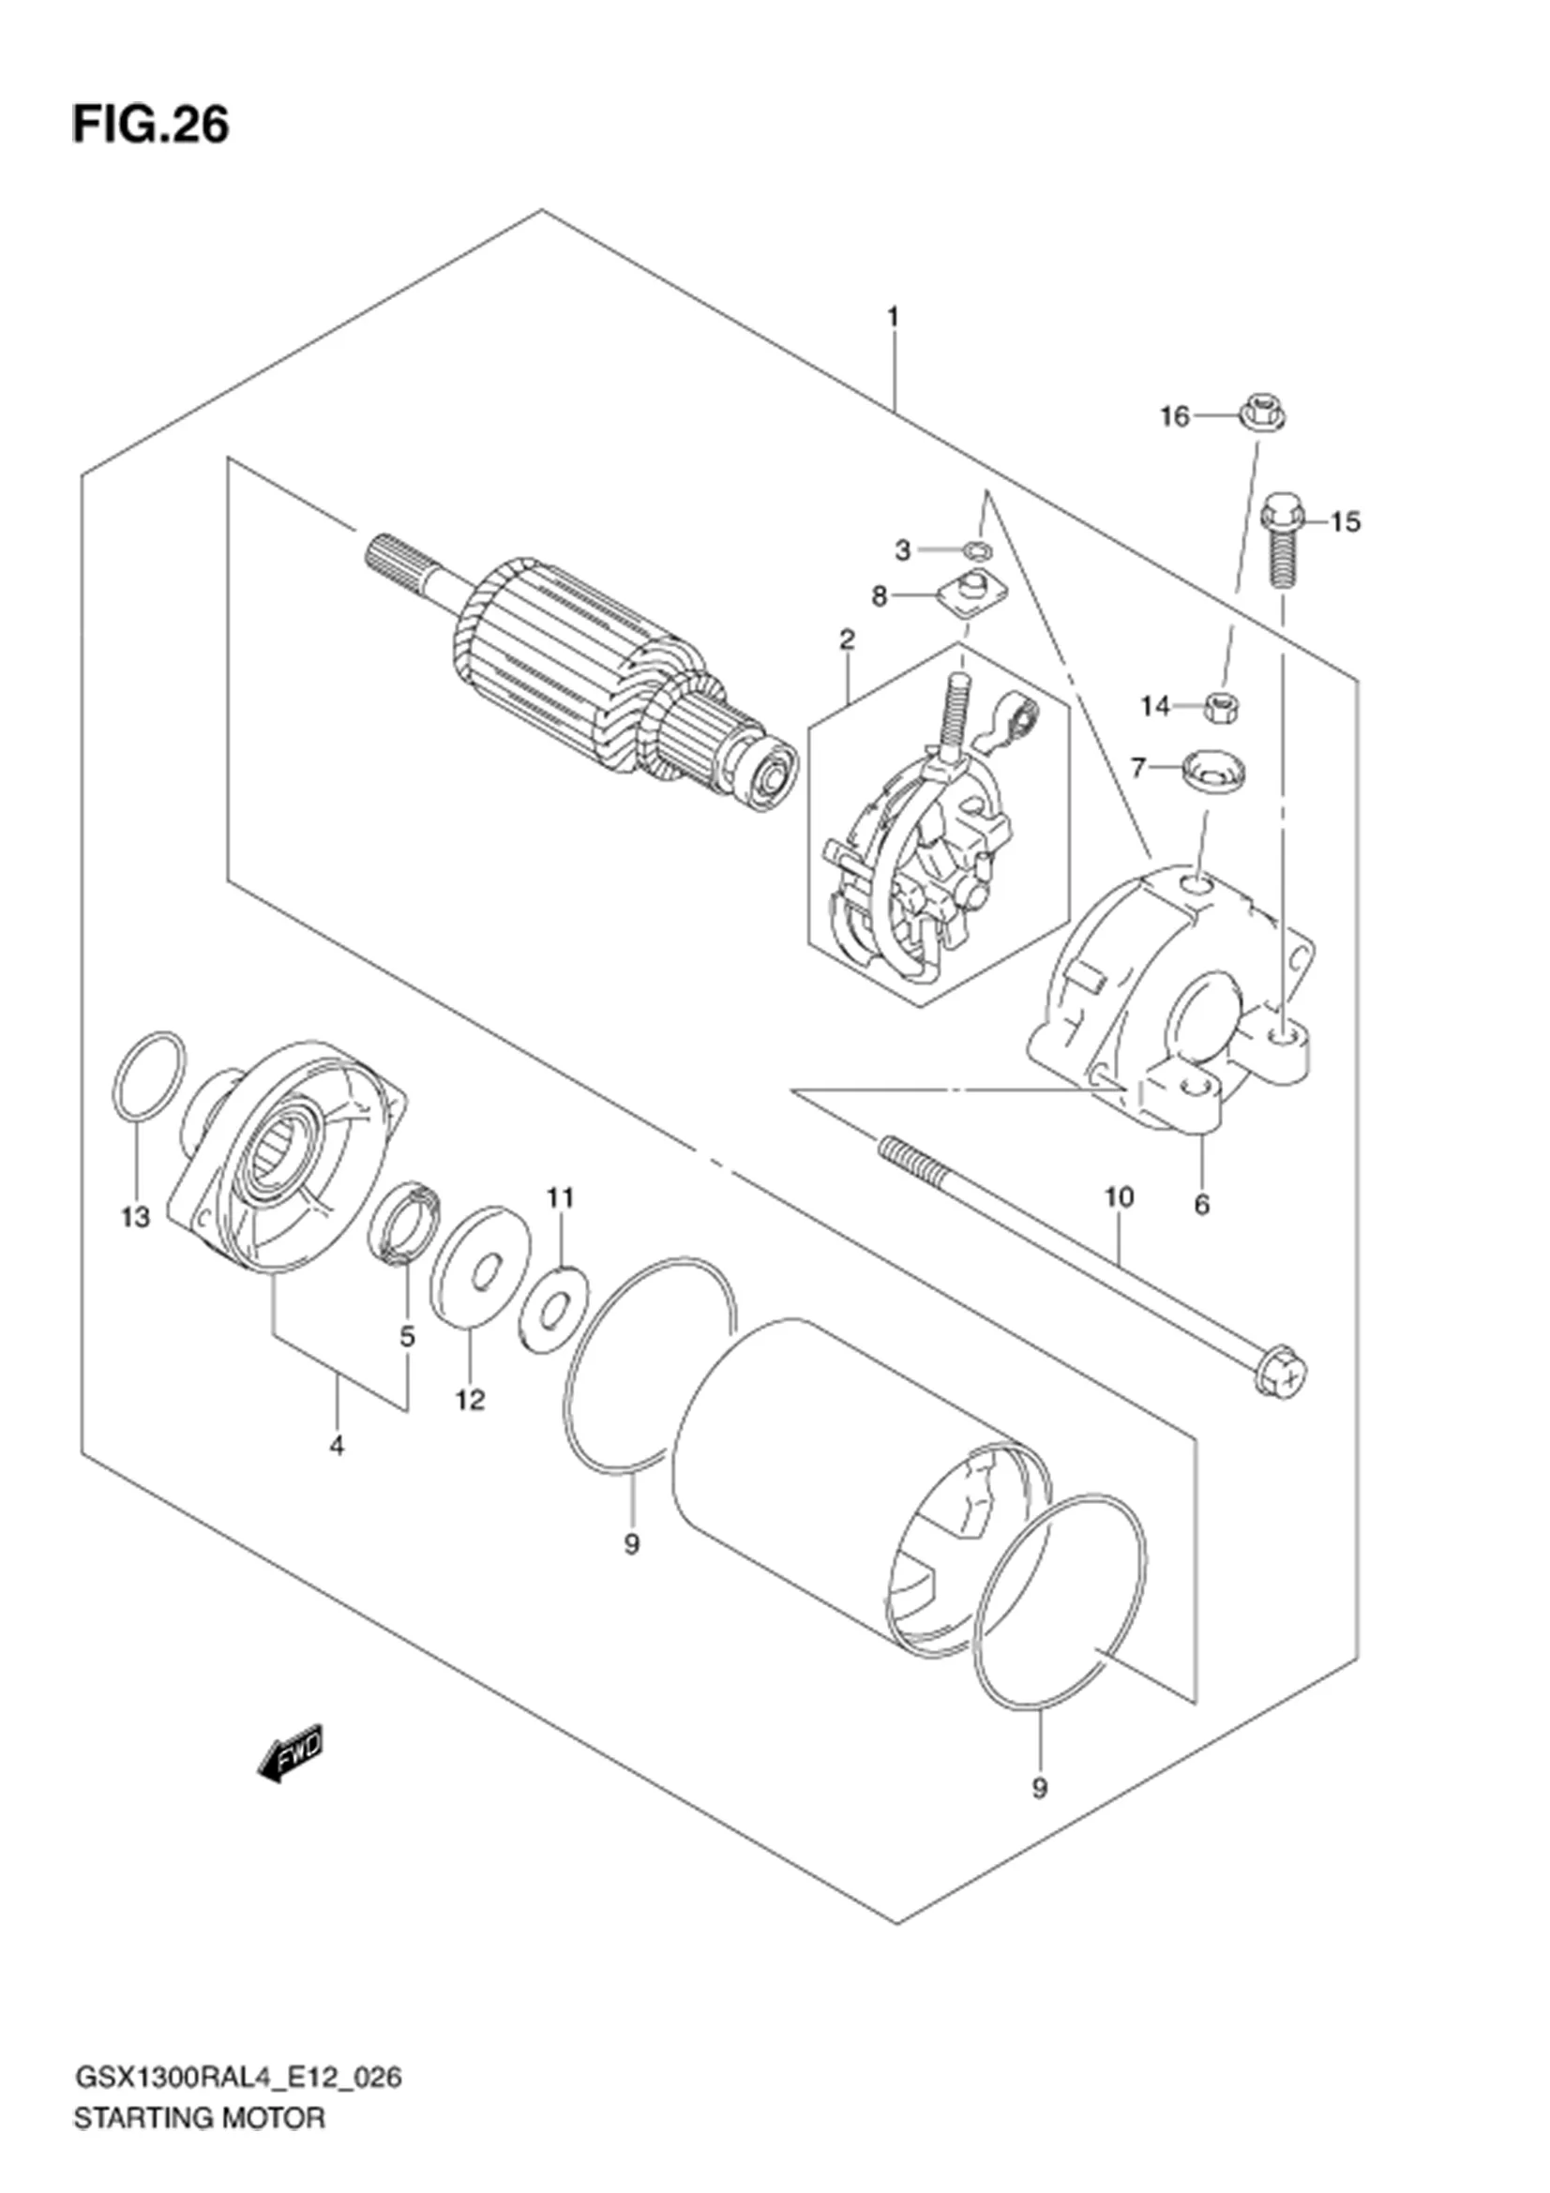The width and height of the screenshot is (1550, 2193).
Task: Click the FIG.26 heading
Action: click(x=151, y=125)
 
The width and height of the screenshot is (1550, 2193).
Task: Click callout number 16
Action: click(x=1175, y=416)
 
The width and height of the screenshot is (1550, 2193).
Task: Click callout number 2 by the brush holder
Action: click(x=847, y=639)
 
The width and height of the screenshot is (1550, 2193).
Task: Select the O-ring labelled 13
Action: click(x=149, y=1075)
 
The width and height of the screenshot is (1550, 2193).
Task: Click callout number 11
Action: click(x=561, y=1195)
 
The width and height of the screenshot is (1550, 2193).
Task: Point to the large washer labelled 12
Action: click(x=480, y=1268)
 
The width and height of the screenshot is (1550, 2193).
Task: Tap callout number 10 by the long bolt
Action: click(x=1119, y=1195)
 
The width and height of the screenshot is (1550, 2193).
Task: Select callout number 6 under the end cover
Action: click(x=1201, y=1206)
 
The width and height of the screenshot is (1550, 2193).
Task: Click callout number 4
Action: click(x=337, y=1446)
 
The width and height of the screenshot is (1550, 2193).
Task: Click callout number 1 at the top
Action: click(x=893, y=316)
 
